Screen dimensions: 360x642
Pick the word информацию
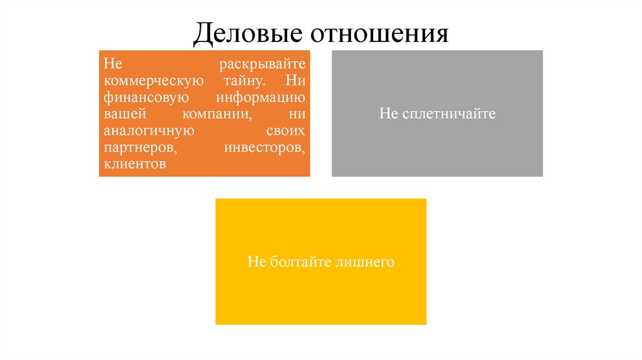pyautogui.click(x=261, y=98)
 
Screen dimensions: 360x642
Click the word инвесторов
pyautogui.click(x=264, y=149)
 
